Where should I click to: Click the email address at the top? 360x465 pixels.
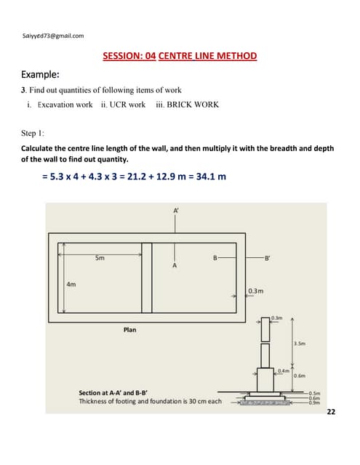(x=48, y=35)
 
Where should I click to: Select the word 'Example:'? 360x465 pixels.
(x=41, y=74)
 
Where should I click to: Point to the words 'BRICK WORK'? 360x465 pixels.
(x=193, y=105)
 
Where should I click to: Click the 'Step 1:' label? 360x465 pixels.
(x=33, y=134)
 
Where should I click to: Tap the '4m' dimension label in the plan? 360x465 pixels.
(x=71, y=284)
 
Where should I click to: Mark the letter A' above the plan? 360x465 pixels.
(x=176, y=210)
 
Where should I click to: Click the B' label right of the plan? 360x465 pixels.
(x=269, y=257)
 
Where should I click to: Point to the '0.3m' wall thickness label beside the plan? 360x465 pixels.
(x=255, y=291)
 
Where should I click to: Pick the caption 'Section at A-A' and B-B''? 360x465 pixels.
(x=118, y=392)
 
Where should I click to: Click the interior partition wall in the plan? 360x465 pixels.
(x=147, y=276)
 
